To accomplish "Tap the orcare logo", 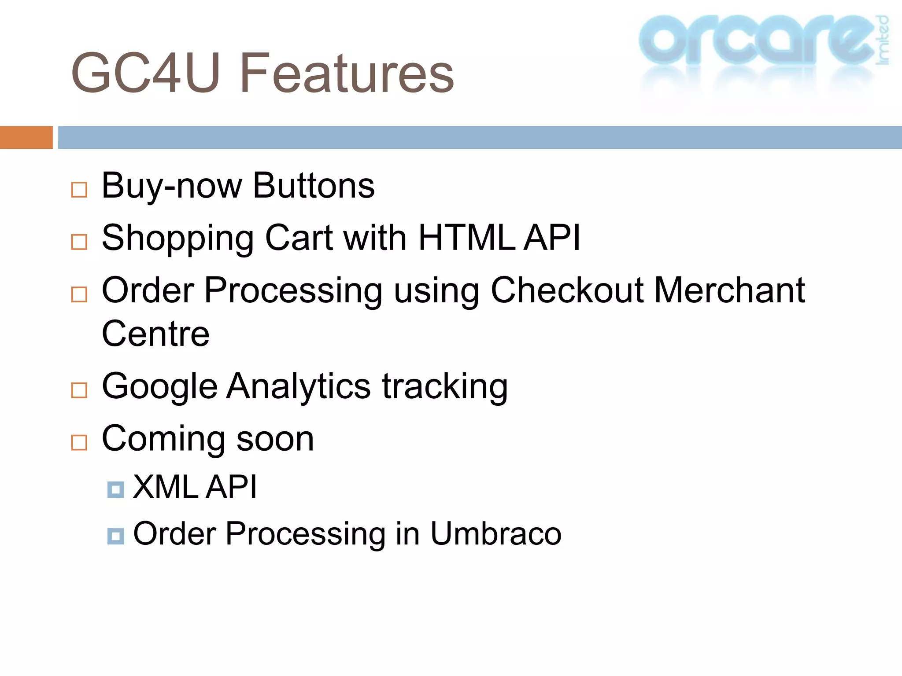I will tap(762, 42).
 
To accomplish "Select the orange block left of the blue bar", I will tap(26, 137).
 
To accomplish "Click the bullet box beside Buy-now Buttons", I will tap(79, 190).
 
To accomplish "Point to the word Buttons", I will tap(314, 186).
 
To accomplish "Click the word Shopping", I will tap(178, 239).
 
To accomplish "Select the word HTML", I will tap(466, 238).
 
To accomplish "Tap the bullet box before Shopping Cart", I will tap(79, 242).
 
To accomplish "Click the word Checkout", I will tap(567, 290).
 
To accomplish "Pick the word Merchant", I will tap(729, 290).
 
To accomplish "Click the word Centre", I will tap(155, 334).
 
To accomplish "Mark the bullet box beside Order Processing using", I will tap(79, 294).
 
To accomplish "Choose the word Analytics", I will tap(298, 386).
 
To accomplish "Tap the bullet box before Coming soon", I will tap(79, 442).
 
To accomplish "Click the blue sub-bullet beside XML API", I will tap(116, 489).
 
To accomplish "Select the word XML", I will tap(166, 487).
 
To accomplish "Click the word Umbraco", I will tap(495, 534).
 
